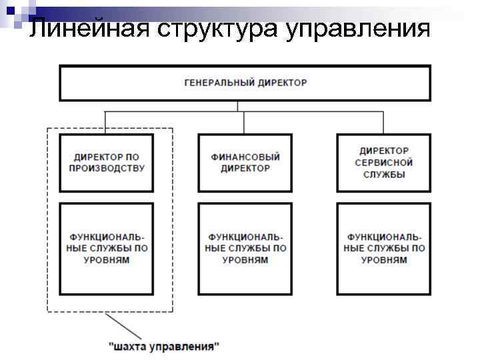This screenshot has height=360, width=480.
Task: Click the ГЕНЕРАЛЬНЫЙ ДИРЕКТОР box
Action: point(245,83)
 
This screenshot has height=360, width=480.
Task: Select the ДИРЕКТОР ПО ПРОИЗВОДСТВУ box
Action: point(106,163)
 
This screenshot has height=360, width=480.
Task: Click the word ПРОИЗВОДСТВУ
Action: point(106,169)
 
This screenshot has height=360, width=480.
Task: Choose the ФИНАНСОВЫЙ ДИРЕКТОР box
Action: point(245,163)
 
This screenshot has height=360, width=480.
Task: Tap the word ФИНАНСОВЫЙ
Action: point(245,157)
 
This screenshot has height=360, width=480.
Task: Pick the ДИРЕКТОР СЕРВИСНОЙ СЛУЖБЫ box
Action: point(383,163)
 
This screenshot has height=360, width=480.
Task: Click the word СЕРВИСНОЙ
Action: point(383,163)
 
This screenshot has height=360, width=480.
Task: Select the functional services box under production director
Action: point(106,249)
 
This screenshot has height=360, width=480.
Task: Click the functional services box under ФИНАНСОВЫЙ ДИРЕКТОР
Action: point(245,249)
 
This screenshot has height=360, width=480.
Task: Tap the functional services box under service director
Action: point(383,249)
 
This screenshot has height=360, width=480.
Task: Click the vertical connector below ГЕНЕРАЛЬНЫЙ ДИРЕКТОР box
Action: point(238,106)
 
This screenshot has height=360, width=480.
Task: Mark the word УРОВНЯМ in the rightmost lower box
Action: point(384,260)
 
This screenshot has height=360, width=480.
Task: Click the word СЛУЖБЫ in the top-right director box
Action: point(383,175)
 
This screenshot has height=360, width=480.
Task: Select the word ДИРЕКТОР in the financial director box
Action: point(245,169)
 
